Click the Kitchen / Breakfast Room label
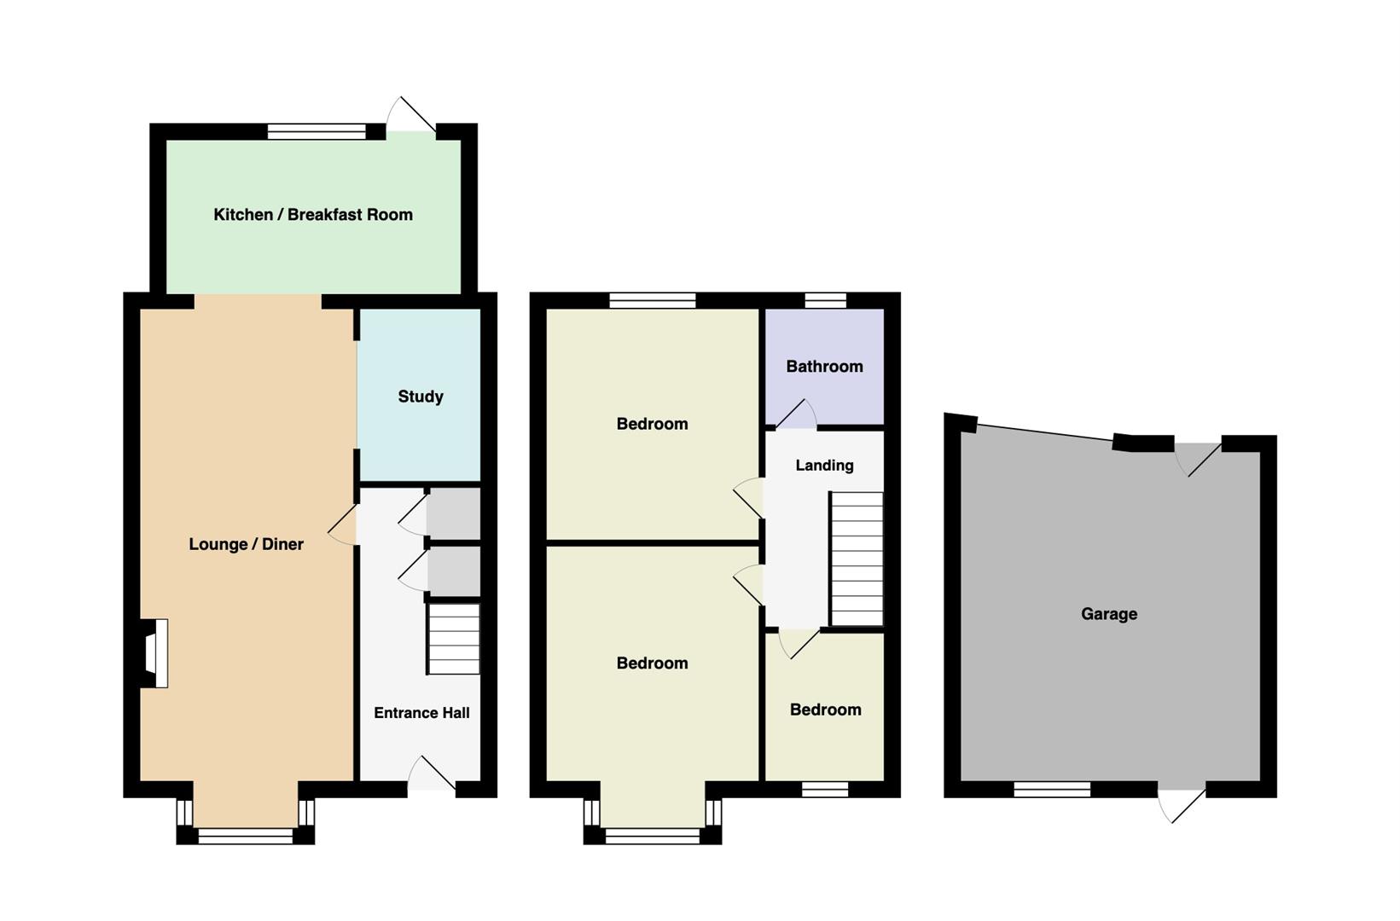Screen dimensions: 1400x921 pos(313,215)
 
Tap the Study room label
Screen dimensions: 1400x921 pos(421,397)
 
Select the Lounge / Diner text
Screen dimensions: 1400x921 pos(247,544)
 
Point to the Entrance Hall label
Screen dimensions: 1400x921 pos(421,713)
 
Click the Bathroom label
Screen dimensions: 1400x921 pos(824,366)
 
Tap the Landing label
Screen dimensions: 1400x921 pos(824,466)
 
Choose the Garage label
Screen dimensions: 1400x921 pos(1109,614)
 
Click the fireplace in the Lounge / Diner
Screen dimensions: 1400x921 pos(154,653)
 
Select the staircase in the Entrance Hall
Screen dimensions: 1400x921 pos(454,639)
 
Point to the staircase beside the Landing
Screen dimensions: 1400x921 pos(857,559)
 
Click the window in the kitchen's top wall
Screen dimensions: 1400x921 pos(317,131)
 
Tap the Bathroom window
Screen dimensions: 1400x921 pos(825,300)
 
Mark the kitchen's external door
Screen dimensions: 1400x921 pos(410,115)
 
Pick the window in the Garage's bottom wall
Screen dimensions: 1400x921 pos(1052,789)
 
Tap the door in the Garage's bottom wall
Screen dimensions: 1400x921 pos(1182,806)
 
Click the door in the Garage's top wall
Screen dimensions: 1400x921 pos(1198,460)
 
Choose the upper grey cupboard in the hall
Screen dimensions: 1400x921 pos(454,513)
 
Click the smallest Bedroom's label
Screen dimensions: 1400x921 pos(826,710)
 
